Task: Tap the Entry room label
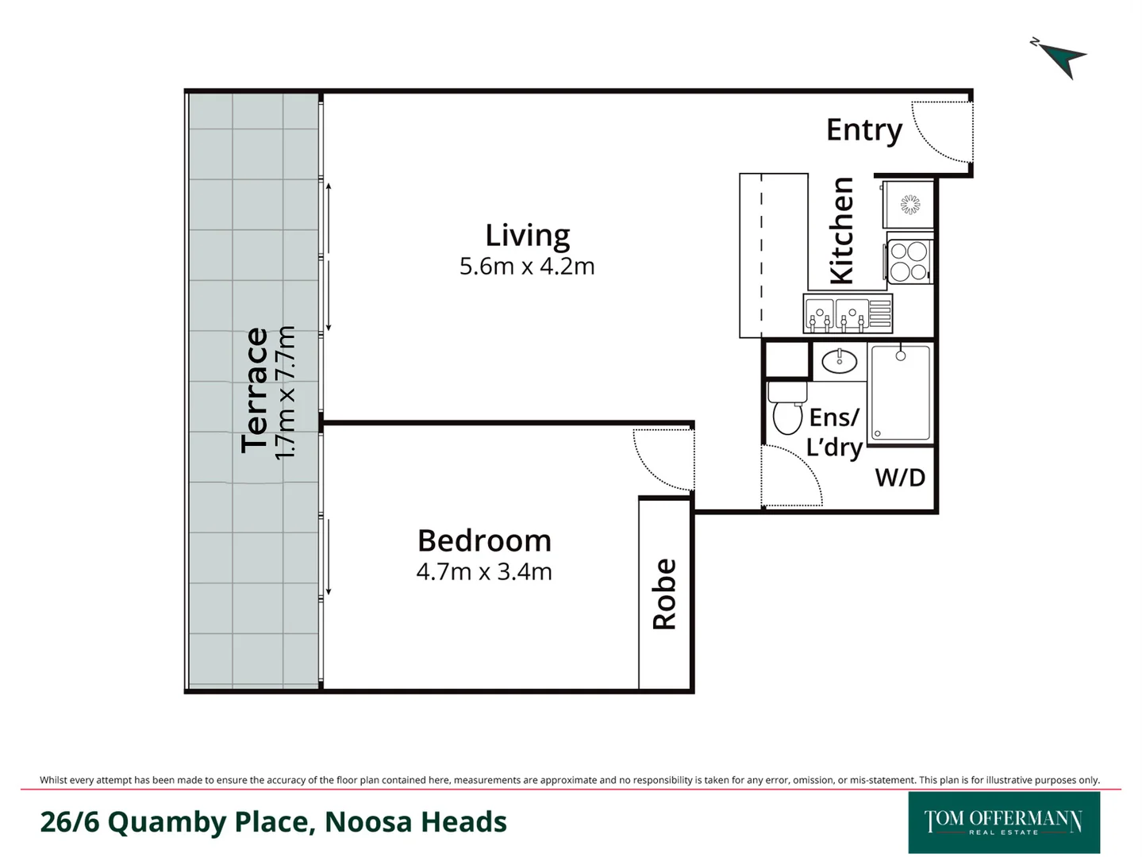click(864, 130)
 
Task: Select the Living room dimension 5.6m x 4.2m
click(526, 267)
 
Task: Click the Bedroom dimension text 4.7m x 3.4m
click(484, 572)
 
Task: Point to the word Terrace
click(255, 390)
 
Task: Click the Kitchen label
click(842, 231)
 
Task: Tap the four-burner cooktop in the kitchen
click(909, 262)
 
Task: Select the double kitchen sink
click(848, 313)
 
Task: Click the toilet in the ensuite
click(787, 408)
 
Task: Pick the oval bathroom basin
click(839, 361)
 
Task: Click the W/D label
click(900, 478)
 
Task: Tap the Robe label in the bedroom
click(664, 594)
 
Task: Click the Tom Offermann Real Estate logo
click(1004, 822)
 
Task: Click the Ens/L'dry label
click(835, 432)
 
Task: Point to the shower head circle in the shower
click(901, 356)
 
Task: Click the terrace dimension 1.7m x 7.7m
click(285, 393)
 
